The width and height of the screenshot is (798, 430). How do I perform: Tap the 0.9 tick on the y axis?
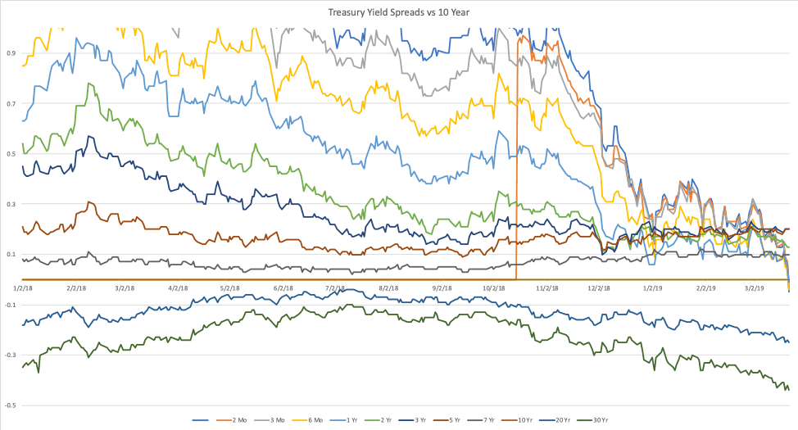click(x=11, y=53)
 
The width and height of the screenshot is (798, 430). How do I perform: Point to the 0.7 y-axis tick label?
click(x=11, y=104)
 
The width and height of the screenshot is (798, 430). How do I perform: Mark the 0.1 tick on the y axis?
click(x=11, y=255)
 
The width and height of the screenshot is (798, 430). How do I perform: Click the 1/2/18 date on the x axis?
click(x=22, y=288)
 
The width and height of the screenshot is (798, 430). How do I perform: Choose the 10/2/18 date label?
click(x=494, y=288)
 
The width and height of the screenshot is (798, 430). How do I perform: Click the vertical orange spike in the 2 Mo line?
click(x=517, y=164)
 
